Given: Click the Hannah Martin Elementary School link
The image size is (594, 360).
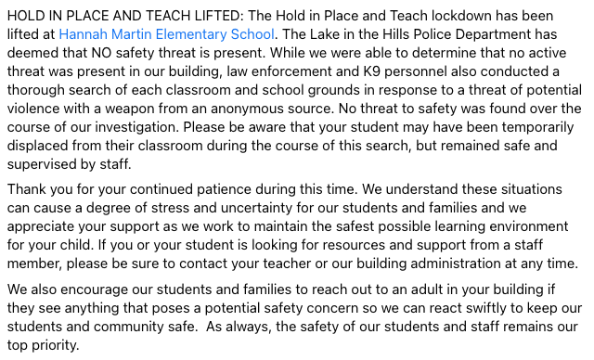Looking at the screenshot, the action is click(x=167, y=34).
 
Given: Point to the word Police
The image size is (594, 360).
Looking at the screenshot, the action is click(x=448, y=34).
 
